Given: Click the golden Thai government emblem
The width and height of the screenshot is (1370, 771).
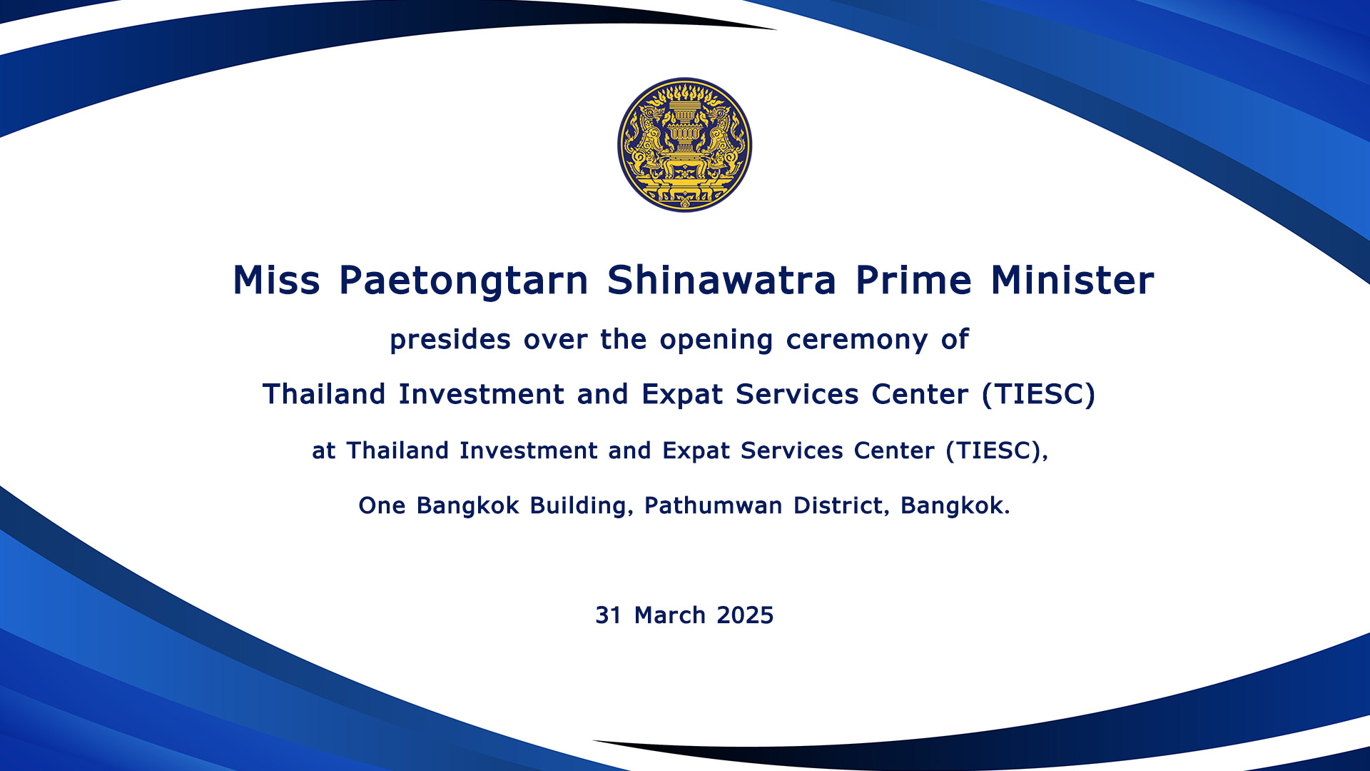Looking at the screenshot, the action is coord(684,145).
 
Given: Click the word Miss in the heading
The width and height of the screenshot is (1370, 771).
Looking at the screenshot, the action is coord(277,280).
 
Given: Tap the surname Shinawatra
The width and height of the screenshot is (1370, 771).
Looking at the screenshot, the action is coord(721,280).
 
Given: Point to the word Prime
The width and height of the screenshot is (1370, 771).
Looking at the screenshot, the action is coord(914,280).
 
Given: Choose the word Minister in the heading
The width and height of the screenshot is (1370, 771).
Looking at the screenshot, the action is coord(1072,280).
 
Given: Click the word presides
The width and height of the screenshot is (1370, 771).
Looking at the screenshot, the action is coord(450,341).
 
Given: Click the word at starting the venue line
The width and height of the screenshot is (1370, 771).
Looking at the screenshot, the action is coord(324,451).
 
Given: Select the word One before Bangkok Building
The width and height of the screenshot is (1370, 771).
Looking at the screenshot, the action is coord(382,505).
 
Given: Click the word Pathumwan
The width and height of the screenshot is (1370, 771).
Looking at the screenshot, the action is coord(714,505).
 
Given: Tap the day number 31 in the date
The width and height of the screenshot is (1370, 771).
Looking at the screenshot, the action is coord(609,615).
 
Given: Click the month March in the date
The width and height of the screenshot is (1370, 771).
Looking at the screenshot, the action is coord(670,615).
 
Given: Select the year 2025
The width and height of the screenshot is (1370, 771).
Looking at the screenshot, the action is coord(745,615).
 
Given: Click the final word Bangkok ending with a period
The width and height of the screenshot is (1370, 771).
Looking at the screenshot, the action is coord(955,505).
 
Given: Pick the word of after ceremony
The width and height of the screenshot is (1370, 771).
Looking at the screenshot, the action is coord(955,340).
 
